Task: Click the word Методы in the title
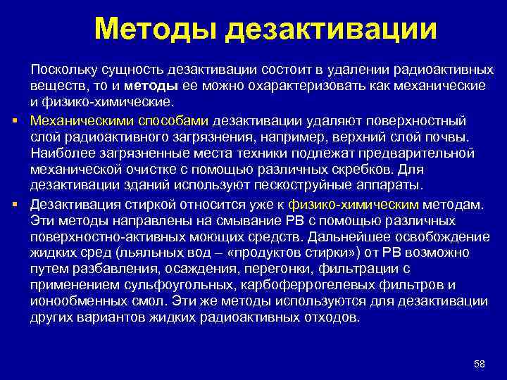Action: (156, 30)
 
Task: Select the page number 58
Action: (480, 363)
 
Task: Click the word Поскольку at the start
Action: (63, 70)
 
